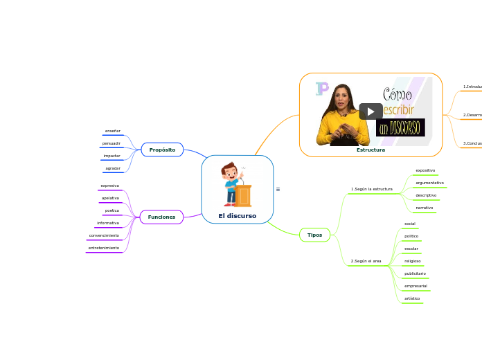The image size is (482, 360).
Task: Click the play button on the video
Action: [371, 111]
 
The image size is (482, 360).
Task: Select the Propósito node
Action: [162, 150]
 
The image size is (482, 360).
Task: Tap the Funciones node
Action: [161, 217]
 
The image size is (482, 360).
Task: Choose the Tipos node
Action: [314, 235]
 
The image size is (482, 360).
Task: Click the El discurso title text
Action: [237, 216]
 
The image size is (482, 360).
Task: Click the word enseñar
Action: [112, 131]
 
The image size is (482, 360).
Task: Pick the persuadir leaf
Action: [111, 143]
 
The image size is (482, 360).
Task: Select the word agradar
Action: [112, 168]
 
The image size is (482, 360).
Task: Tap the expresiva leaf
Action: [109, 186]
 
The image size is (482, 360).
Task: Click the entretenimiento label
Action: [104, 247]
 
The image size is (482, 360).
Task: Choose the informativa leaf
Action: [108, 223]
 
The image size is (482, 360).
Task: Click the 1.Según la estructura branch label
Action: [371, 188]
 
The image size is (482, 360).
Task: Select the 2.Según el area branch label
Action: [366, 261]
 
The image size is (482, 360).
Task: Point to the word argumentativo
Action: [429, 183]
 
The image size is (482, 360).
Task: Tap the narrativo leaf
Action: [424, 208]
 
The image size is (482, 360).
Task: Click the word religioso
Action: [412, 261]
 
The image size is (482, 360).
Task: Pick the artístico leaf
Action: [412, 298]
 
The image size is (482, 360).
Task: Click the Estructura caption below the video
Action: [371, 150]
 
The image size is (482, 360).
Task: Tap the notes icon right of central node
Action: [278, 189]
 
